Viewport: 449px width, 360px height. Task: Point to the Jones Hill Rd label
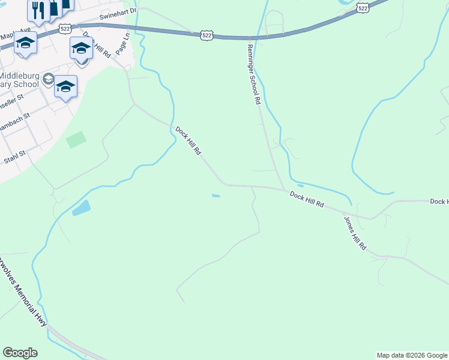pos(354,233)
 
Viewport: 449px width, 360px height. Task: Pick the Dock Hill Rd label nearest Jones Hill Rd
pos(307,199)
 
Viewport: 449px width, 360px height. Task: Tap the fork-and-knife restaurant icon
pos(38,10)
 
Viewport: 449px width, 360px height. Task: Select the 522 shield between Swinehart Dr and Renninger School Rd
pos(206,36)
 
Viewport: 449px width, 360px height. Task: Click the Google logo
pos(20,353)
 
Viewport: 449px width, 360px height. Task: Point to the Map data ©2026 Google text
pos(411,355)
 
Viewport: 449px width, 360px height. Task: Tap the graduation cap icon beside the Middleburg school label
pos(66,86)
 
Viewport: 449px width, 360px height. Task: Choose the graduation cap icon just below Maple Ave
pos(25,43)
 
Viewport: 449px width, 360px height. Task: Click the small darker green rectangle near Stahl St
pos(76,140)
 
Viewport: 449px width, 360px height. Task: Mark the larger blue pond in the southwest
pos(81,208)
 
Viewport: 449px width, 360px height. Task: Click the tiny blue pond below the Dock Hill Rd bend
pos(215,195)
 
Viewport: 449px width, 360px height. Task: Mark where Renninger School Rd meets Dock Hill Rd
pos(285,190)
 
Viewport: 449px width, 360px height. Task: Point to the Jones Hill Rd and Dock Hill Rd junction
pos(345,212)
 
